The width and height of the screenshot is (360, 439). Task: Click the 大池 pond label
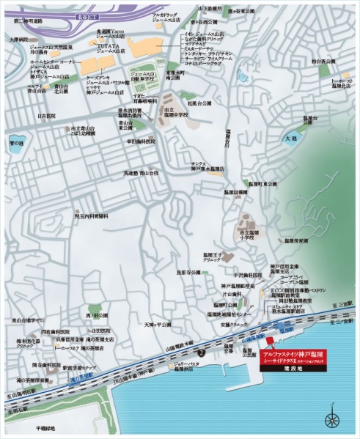[x=290, y=137]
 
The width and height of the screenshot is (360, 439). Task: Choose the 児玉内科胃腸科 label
[x=90, y=217]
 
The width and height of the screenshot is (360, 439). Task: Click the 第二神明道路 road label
[x=28, y=22]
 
